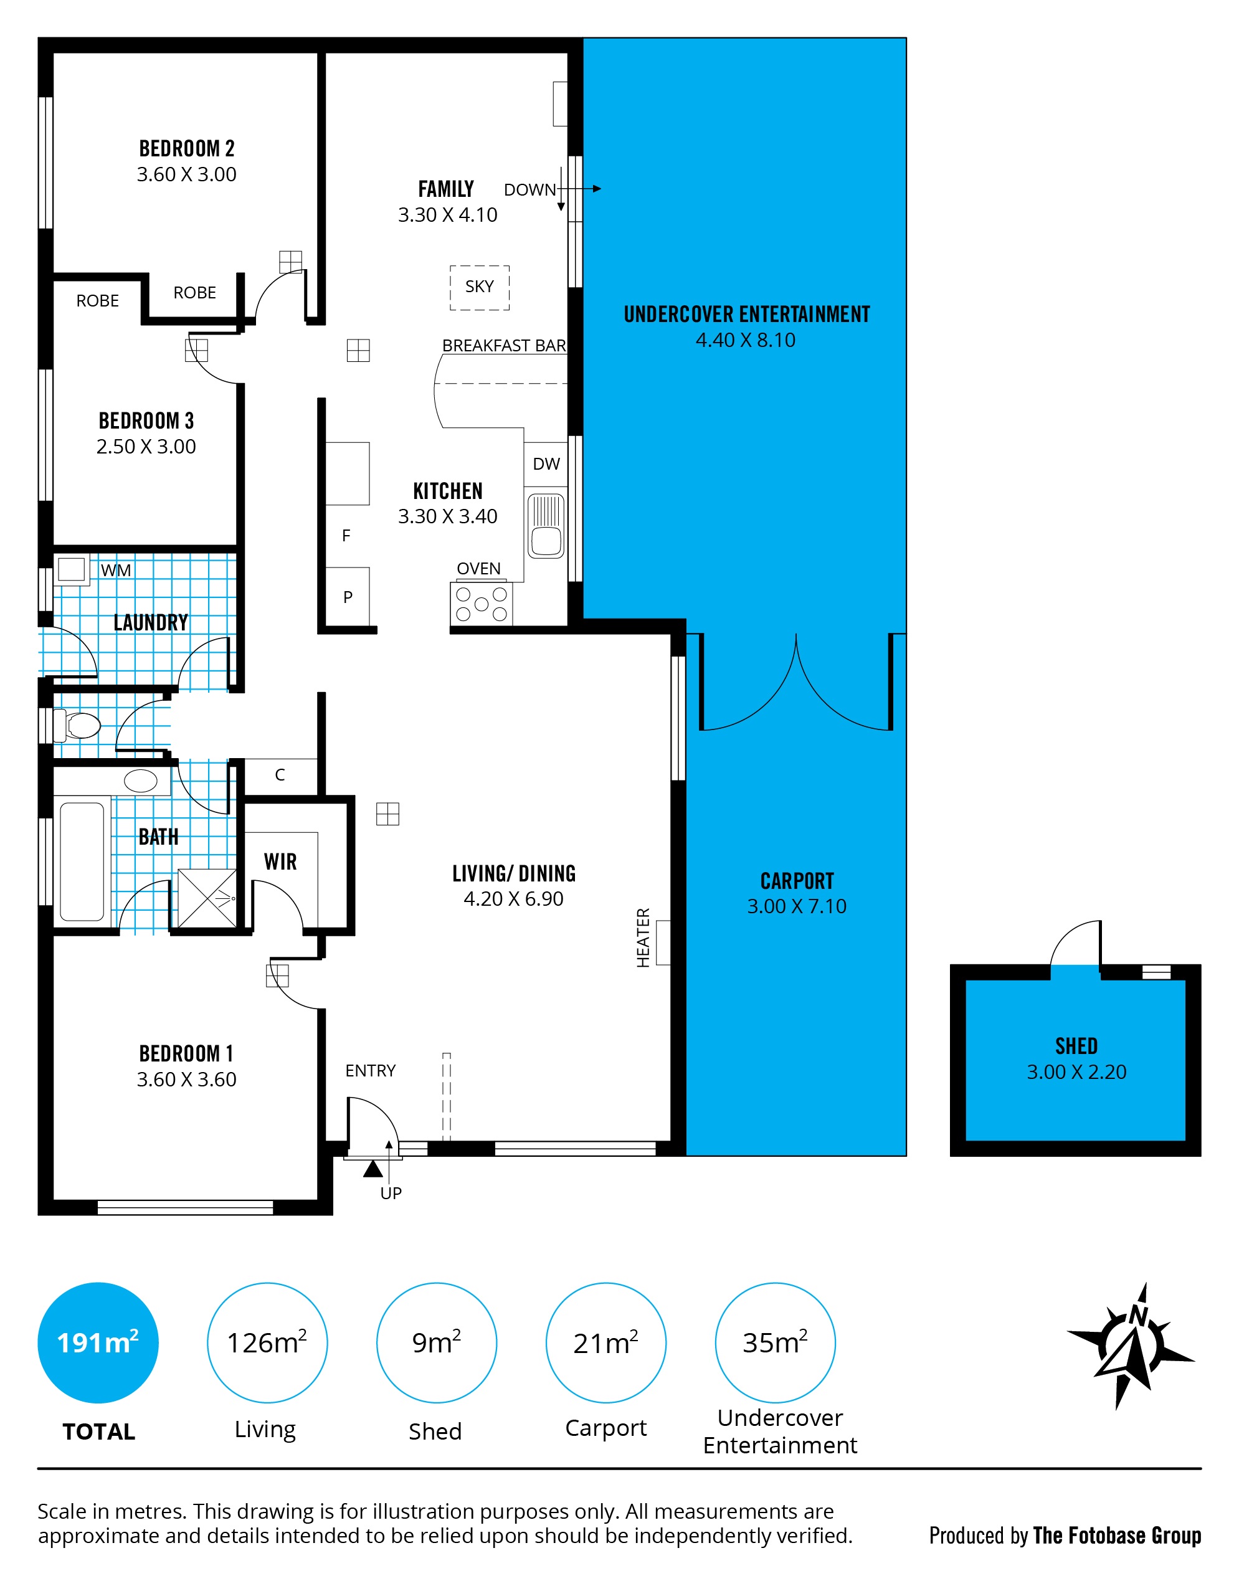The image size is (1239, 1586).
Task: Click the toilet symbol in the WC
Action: tap(78, 724)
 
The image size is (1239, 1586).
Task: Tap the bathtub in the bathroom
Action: tap(82, 862)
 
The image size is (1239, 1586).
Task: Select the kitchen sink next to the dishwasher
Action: tap(546, 526)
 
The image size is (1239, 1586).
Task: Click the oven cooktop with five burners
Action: tap(481, 604)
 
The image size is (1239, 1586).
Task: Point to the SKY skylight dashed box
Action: tap(479, 288)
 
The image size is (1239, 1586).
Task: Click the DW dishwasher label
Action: tap(546, 464)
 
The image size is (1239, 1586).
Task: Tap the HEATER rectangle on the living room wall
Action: tap(663, 942)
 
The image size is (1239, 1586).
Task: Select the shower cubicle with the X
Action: tap(207, 898)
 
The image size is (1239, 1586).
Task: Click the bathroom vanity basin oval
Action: tap(141, 781)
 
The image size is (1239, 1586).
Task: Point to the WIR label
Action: tap(280, 862)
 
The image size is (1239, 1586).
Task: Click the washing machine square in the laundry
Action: tap(71, 569)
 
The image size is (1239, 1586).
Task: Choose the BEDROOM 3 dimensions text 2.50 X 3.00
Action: tap(146, 447)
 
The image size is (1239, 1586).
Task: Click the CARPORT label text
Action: tap(797, 881)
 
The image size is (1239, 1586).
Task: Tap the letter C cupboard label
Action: tap(280, 775)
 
